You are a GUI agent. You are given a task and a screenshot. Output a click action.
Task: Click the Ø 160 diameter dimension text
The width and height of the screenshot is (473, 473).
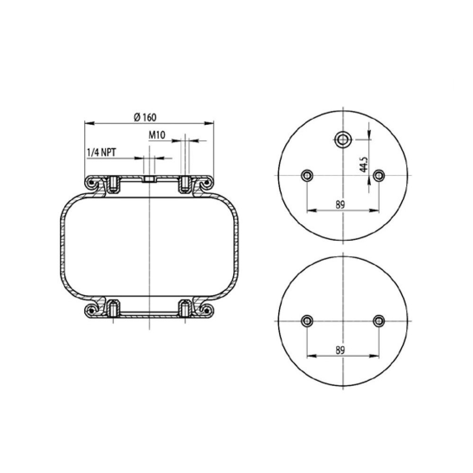pyautogui.click(x=145, y=117)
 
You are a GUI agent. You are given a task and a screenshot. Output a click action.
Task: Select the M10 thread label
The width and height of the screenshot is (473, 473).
pyautogui.click(x=157, y=136)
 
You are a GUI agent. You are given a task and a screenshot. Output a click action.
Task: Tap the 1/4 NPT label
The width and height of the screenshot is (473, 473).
pyautogui.click(x=102, y=152)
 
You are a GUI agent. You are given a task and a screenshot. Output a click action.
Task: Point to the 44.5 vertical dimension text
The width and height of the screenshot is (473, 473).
pyautogui.click(x=363, y=162)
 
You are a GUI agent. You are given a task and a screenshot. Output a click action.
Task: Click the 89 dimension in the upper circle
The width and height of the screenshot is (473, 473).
pyautogui.click(x=340, y=204)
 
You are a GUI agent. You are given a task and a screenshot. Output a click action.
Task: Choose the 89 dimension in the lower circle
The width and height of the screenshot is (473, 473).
pyautogui.click(x=340, y=350)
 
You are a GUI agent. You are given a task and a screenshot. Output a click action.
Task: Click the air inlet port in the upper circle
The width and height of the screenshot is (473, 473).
pyautogui.click(x=342, y=139)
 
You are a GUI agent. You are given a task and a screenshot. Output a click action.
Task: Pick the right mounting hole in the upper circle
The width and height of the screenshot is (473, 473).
pyautogui.click(x=377, y=176)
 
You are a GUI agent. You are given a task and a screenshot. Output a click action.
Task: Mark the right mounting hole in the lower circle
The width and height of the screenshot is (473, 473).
pyautogui.click(x=377, y=321)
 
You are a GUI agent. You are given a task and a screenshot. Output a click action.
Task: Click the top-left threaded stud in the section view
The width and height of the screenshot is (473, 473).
pyautogui.click(x=114, y=185)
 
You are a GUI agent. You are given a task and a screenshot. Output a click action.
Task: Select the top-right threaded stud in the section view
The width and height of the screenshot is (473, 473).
pyautogui.click(x=184, y=185)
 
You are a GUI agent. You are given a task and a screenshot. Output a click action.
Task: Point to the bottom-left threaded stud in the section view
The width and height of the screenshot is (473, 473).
pyautogui.click(x=114, y=308)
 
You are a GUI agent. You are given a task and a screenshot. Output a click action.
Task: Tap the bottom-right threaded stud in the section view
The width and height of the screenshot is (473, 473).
pyautogui.click(x=184, y=308)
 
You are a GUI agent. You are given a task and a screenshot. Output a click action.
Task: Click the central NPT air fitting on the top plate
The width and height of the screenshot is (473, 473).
pyautogui.click(x=149, y=180)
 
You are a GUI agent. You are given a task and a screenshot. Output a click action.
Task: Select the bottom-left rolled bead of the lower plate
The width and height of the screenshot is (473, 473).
pyautogui.click(x=91, y=310)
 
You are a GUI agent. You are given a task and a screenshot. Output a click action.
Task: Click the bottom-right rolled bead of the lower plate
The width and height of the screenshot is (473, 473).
pyautogui.click(x=206, y=310)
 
